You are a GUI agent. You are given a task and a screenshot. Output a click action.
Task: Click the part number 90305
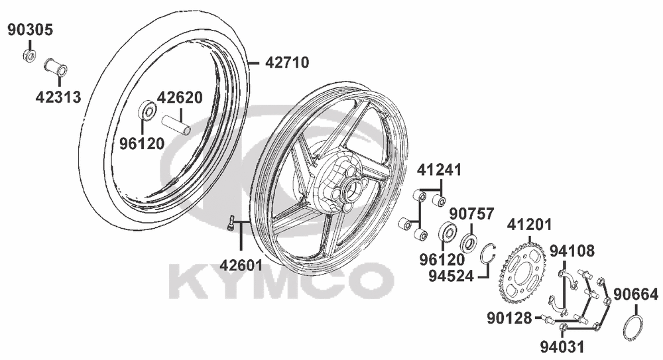(x=31, y=30)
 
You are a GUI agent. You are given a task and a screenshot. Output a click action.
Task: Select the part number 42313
(x=58, y=97)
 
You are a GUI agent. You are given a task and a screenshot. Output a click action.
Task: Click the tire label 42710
(x=287, y=62)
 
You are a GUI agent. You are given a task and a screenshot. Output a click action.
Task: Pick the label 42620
(x=180, y=97)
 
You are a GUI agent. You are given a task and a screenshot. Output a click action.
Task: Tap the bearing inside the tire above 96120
(x=147, y=111)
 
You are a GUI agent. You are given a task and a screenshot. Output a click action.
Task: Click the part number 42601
(x=241, y=265)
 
